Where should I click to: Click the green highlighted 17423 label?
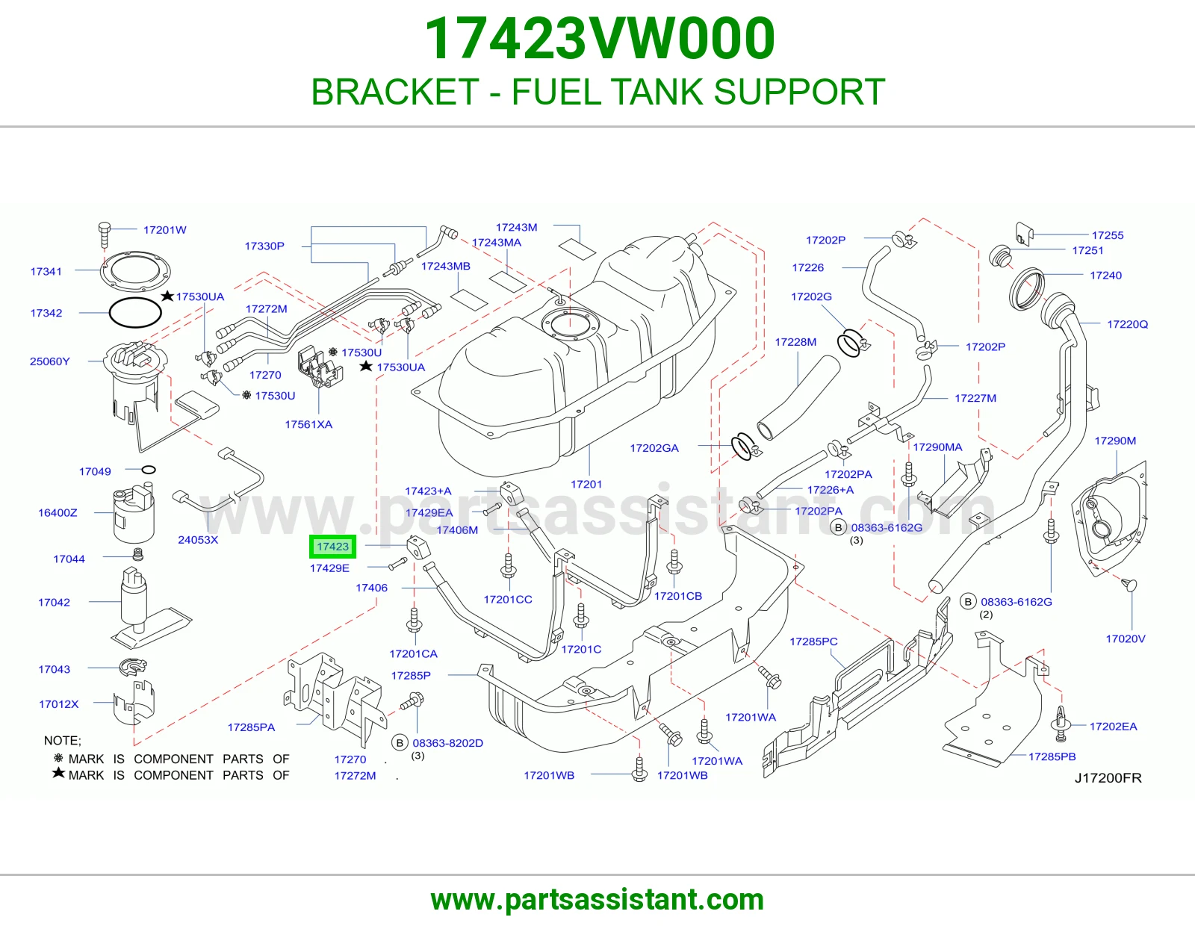point(332,547)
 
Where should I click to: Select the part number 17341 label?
point(46,271)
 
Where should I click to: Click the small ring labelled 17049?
point(149,470)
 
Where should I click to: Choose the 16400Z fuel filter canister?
point(134,513)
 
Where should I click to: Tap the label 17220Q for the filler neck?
point(1127,324)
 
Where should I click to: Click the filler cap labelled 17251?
point(1000,257)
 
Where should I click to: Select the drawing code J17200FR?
point(1108,777)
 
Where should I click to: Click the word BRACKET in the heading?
point(395,92)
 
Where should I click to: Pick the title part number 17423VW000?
point(600,38)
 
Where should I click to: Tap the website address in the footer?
point(597,900)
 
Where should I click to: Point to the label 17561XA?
point(308,424)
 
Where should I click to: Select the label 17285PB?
point(1052,756)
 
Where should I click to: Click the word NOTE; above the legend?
point(62,740)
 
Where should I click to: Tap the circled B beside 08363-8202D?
point(400,743)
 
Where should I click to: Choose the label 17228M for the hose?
point(795,341)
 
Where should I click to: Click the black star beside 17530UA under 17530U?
point(366,366)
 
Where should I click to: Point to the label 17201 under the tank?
point(586,484)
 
